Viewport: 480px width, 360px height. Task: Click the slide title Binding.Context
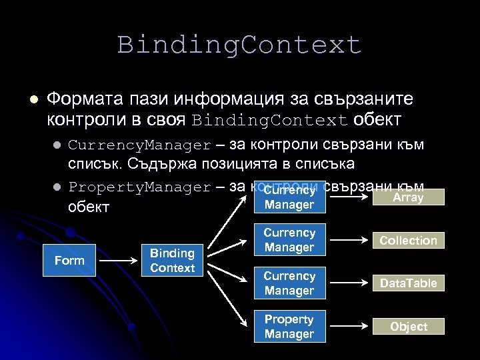click(239, 45)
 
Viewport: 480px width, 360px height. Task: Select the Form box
click(69, 261)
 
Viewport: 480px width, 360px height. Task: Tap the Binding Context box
click(172, 261)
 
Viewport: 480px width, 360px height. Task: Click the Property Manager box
click(289, 327)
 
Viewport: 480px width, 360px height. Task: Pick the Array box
click(408, 197)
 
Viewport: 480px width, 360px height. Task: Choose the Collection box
click(408, 241)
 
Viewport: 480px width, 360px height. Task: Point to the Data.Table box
click(408, 283)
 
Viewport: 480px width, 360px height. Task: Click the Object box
click(408, 327)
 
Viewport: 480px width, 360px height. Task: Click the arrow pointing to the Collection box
click(350, 240)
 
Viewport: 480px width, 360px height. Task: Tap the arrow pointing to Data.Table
click(350, 283)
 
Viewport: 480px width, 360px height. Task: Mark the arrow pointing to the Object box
click(350, 327)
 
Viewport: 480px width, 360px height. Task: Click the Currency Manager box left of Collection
click(289, 240)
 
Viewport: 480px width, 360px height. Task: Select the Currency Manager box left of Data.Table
click(289, 283)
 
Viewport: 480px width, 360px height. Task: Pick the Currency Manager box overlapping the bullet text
click(289, 197)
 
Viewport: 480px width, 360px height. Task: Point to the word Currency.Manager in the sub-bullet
click(139, 145)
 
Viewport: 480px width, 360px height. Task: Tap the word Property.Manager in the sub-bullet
click(139, 187)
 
